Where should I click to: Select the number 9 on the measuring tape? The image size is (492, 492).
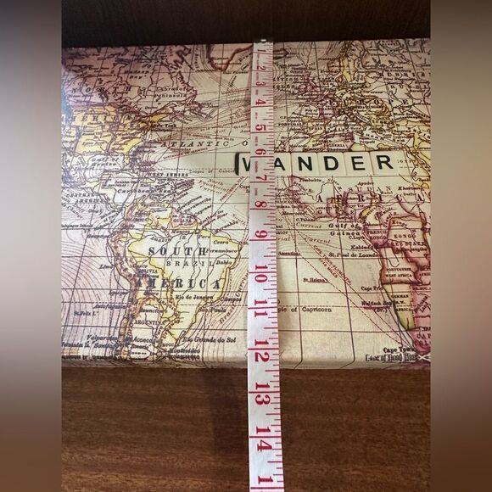tap(261, 234)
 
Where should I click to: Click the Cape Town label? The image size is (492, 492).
tap(402, 349)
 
